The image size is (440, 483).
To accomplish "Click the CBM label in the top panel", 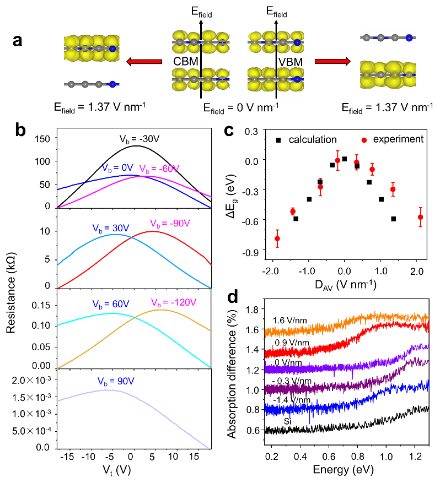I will (x=185, y=61).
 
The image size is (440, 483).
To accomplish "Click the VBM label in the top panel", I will (x=291, y=62).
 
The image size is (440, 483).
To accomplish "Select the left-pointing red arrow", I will (x=144, y=61).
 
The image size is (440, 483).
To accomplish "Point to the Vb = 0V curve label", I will (x=119, y=167).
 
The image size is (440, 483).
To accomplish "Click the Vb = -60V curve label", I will (x=159, y=169).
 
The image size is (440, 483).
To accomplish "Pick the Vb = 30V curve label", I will (x=110, y=227).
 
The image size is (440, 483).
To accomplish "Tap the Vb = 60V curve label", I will (x=110, y=304).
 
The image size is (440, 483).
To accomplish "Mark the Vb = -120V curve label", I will (x=174, y=302).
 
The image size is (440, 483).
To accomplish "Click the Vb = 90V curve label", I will (x=110, y=381).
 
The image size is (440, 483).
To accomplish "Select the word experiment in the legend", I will (x=398, y=139).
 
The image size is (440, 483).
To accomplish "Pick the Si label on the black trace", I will (x=287, y=421).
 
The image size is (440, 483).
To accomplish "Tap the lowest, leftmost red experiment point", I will (x=277, y=238).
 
